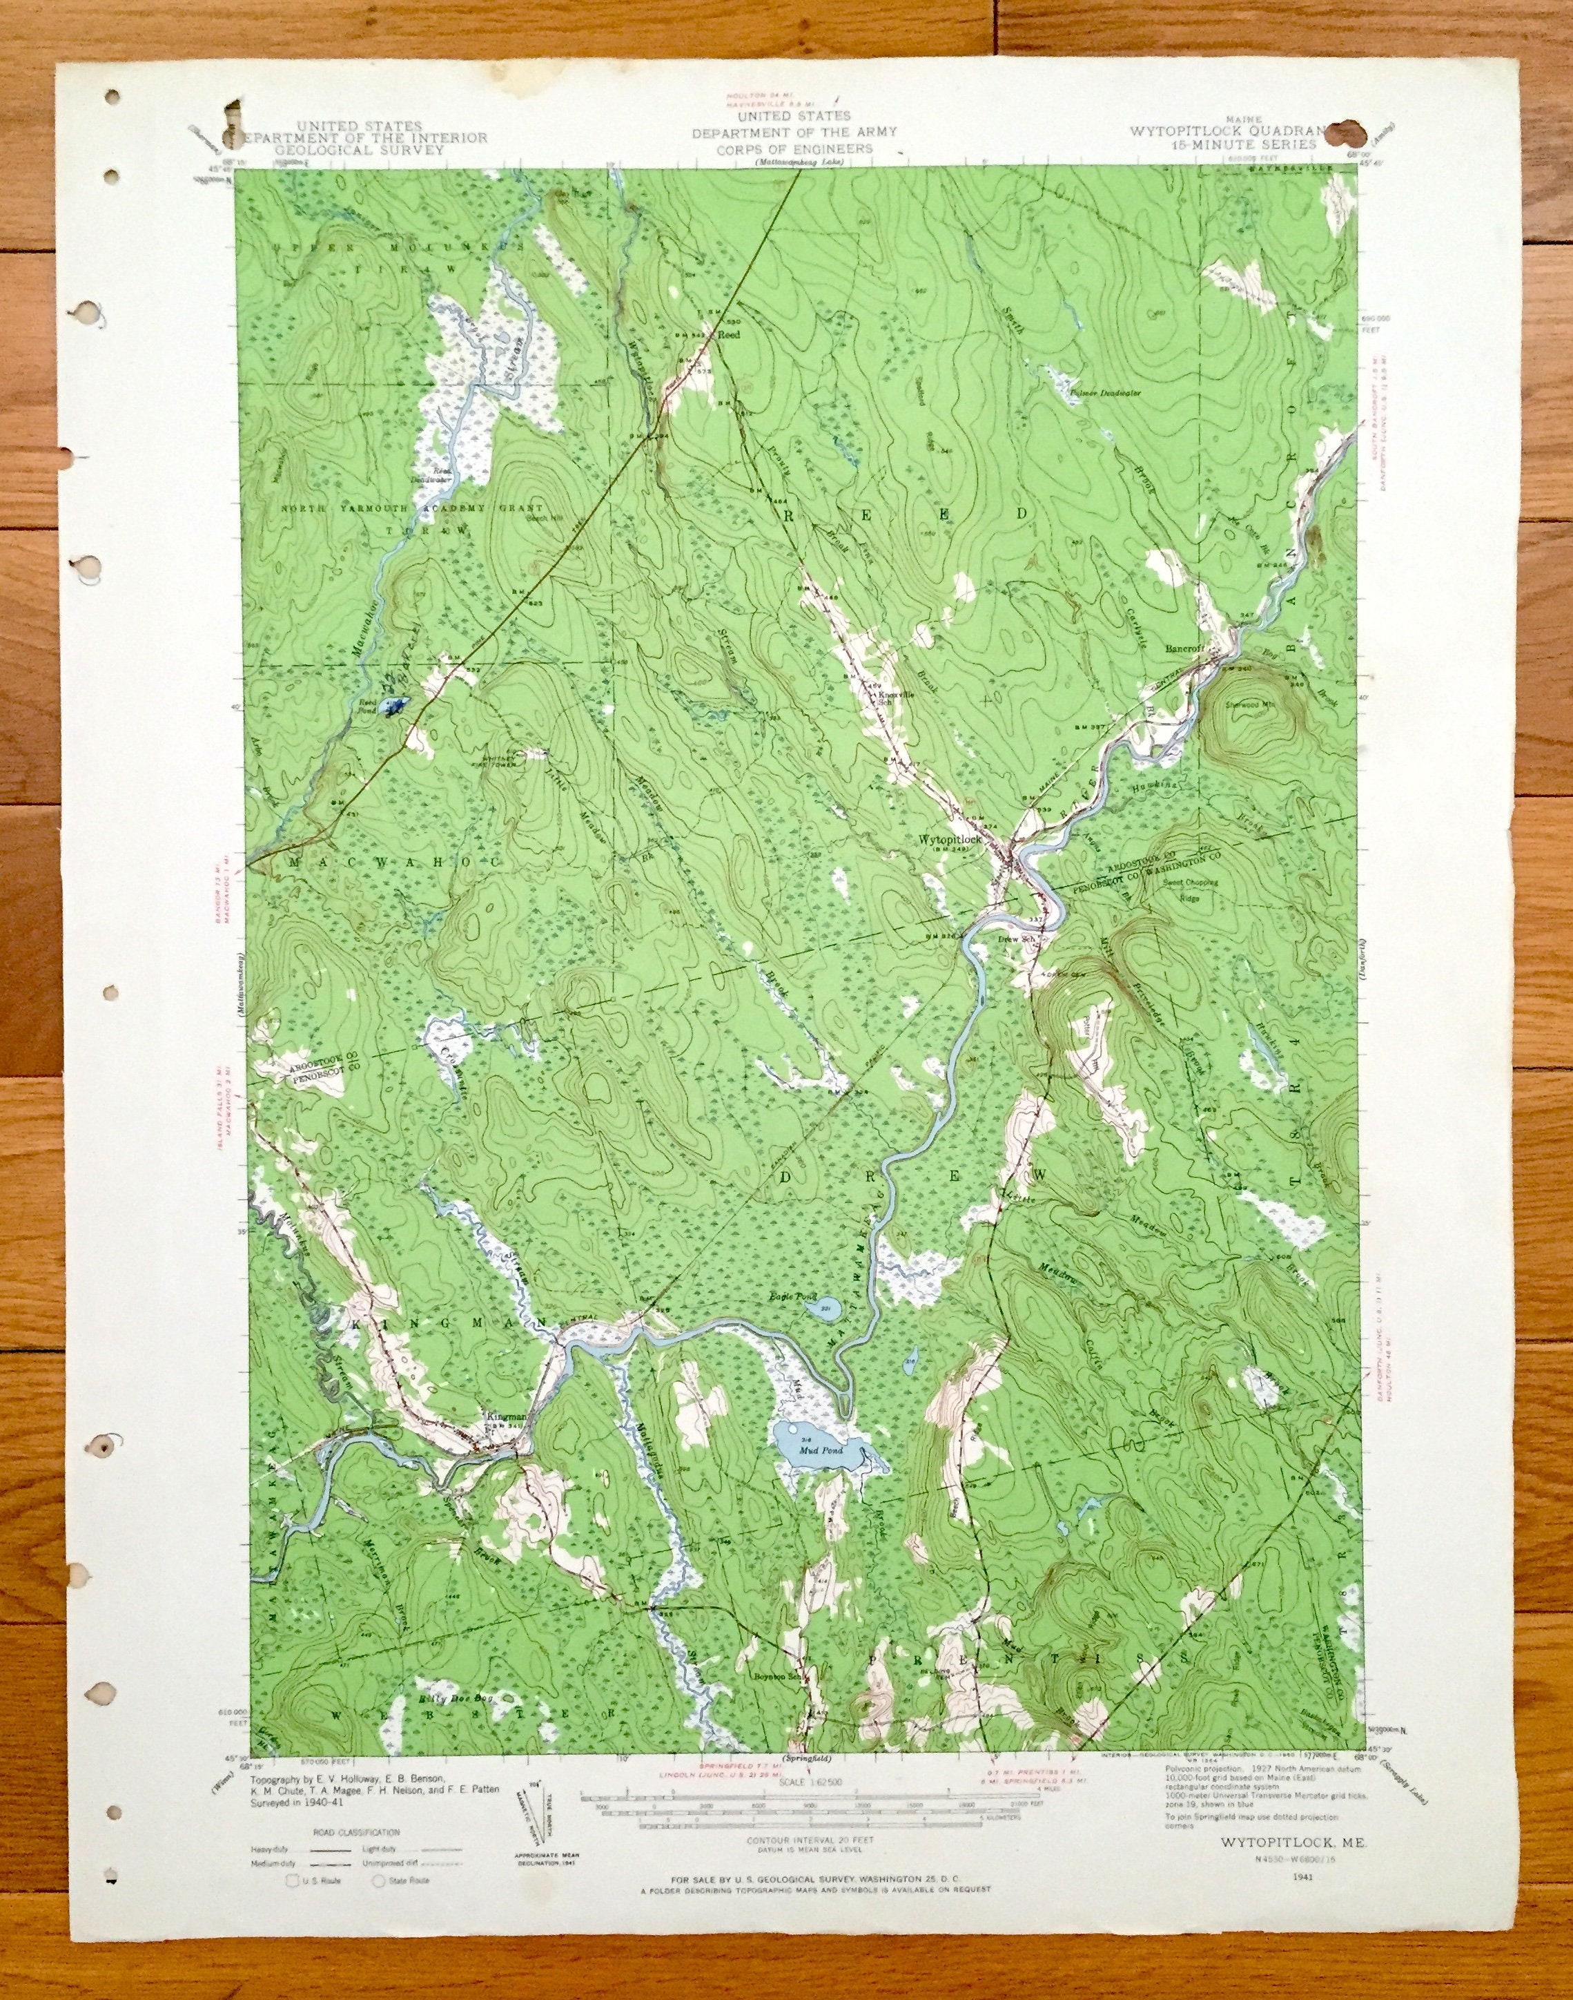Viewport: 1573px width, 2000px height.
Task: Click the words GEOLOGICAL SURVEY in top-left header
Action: pos(361,148)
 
